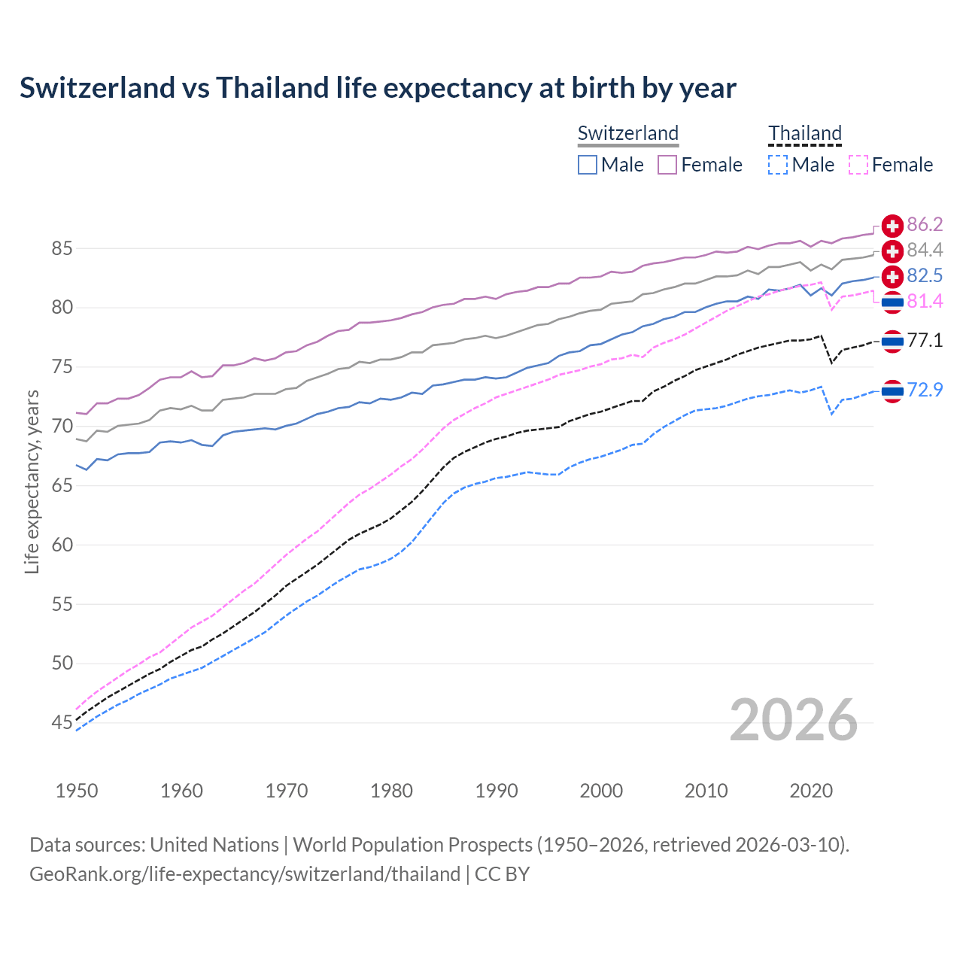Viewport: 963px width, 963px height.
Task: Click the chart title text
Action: (x=378, y=88)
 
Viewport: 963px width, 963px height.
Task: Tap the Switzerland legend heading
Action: (x=628, y=133)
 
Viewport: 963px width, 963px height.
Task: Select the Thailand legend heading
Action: (x=805, y=133)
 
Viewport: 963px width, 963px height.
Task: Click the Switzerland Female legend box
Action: (x=667, y=165)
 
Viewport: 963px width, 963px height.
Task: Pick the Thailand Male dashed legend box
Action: (x=778, y=165)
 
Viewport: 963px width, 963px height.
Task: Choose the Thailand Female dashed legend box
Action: (x=858, y=165)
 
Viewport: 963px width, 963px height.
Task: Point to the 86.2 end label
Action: (x=925, y=224)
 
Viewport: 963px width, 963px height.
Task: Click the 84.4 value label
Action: (x=925, y=250)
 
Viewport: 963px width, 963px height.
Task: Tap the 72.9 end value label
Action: (x=925, y=390)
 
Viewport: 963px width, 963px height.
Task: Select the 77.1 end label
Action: (x=925, y=340)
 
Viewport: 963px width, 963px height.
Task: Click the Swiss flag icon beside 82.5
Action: (x=892, y=276)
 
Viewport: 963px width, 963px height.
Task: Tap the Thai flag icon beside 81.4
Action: (x=892, y=302)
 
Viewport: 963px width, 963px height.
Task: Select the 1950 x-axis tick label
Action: (x=77, y=791)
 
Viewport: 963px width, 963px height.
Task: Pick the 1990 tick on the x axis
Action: (x=497, y=791)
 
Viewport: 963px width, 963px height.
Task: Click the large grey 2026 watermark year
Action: (x=793, y=720)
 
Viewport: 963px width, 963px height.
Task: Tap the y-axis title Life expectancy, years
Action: (x=32, y=481)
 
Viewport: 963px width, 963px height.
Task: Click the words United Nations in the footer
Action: (x=214, y=844)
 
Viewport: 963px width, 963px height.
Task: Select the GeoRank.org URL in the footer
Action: (x=245, y=873)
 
